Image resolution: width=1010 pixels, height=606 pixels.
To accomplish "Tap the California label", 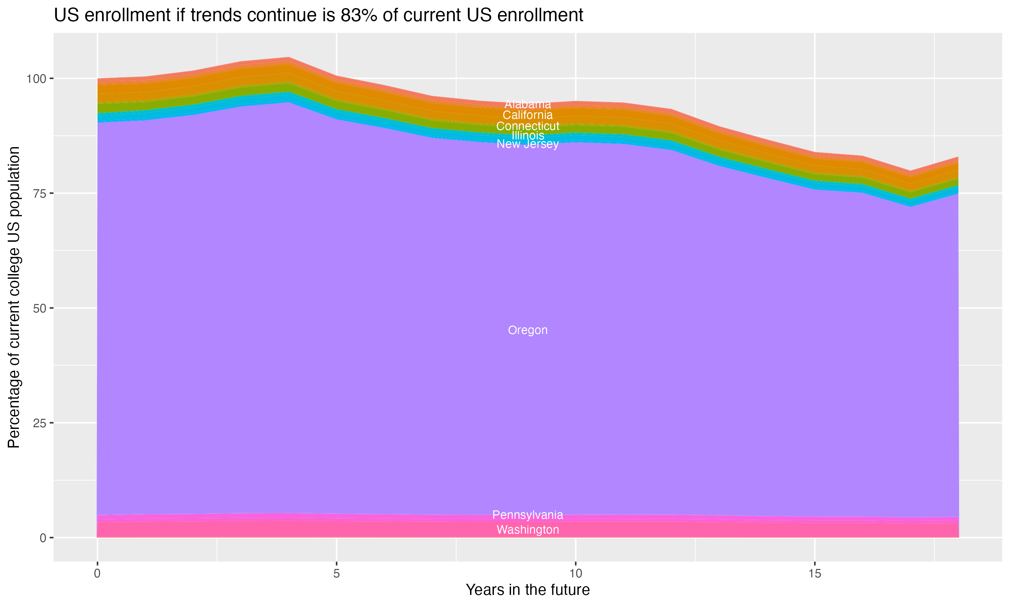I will pyautogui.click(x=528, y=115).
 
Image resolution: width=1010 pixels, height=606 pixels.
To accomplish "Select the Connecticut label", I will pyautogui.click(x=528, y=126).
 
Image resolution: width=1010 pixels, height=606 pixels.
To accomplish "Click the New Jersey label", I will pyautogui.click(x=528, y=144).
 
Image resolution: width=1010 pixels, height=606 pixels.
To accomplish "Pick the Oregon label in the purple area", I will pyautogui.click(x=528, y=330).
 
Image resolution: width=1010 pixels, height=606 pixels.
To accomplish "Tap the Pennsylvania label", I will pyautogui.click(x=528, y=515).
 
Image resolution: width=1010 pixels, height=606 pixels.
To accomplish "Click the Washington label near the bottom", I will pyautogui.click(x=528, y=530).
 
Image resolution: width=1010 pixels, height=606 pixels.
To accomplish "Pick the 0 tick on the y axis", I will pyautogui.click(x=43, y=538).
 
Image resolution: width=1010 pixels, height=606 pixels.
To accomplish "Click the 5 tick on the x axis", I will pyautogui.click(x=336, y=574).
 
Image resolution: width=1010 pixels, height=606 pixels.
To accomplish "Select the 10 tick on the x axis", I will pyautogui.click(x=575, y=574).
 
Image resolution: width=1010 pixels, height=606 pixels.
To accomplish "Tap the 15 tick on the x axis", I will pyautogui.click(x=814, y=574).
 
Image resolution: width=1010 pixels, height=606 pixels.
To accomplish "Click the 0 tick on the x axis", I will pyautogui.click(x=97, y=574).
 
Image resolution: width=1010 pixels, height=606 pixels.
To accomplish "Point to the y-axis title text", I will pyautogui.click(x=14, y=297).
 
